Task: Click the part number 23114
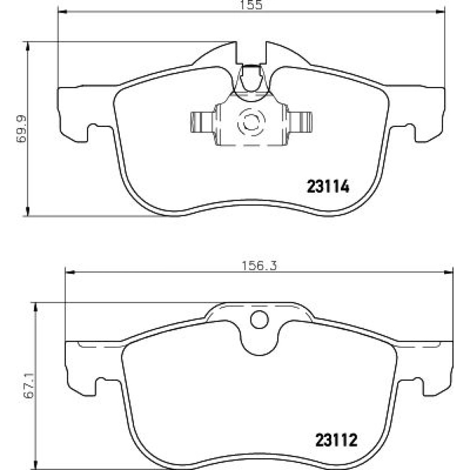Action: tap(328, 187)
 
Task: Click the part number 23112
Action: tap(337, 440)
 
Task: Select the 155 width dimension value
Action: tap(251, 5)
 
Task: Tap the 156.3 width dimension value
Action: tap(259, 266)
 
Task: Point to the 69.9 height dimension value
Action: tap(22, 129)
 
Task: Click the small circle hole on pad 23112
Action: tap(259, 320)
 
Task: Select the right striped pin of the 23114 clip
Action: tap(300, 122)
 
